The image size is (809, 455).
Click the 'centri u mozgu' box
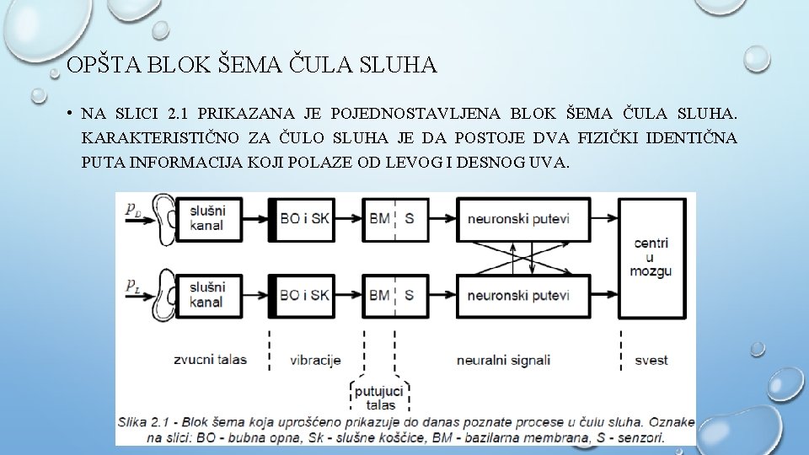coord(651,257)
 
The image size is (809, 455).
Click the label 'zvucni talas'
coord(210,360)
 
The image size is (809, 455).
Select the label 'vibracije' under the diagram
coord(314,360)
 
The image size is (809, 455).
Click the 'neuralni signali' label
coord(503,360)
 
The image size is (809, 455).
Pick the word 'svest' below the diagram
coord(650,360)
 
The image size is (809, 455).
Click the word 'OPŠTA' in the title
coord(96,65)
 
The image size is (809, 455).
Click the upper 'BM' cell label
coord(379,219)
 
